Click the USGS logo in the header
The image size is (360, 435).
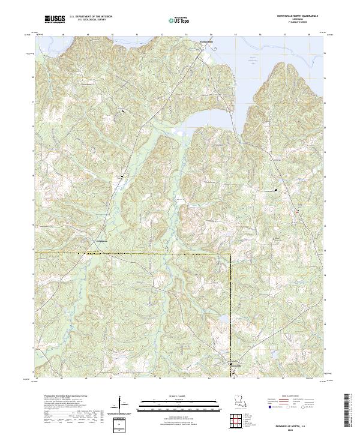(55, 20)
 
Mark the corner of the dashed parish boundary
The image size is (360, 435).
(231, 254)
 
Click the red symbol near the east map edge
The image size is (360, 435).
(296, 211)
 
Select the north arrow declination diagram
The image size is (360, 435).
(122, 403)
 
